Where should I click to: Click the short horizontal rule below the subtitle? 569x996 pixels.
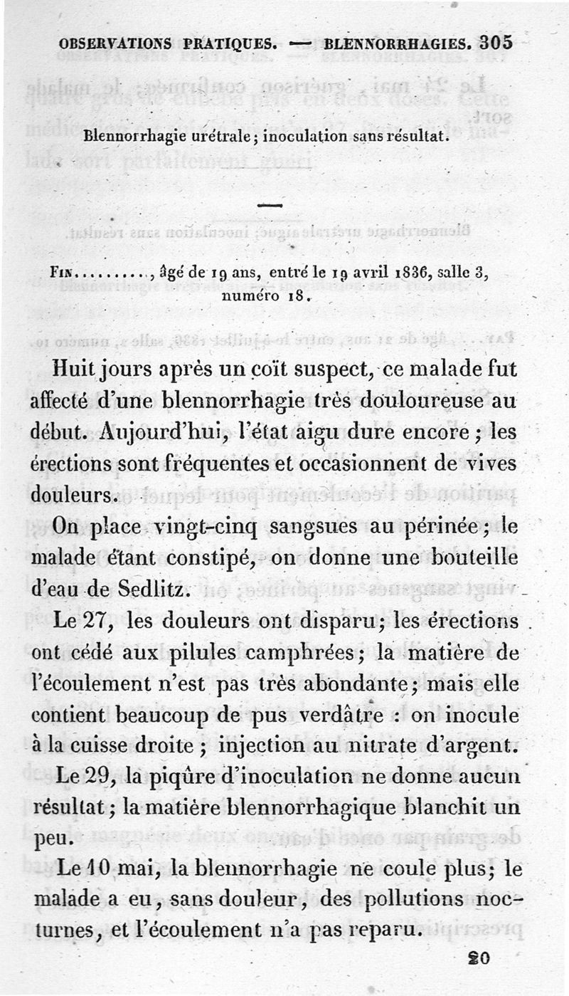[x=270, y=206]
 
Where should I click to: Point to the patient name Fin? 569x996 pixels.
[x=62, y=273]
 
